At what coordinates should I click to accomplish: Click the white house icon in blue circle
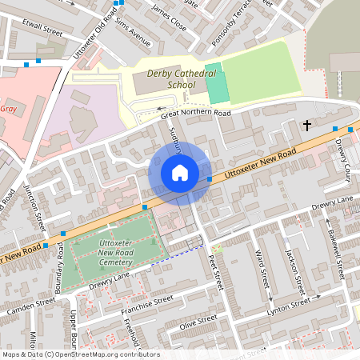(x=180, y=173)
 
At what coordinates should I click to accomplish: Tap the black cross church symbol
(x=306, y=126)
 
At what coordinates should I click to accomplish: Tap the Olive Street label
(x=198, y=322)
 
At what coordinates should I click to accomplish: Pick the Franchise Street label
(x=146, y=303)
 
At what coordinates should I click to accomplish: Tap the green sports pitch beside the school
(x=216, y=82)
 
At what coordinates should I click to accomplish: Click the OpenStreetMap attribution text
(x=81, y=354)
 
